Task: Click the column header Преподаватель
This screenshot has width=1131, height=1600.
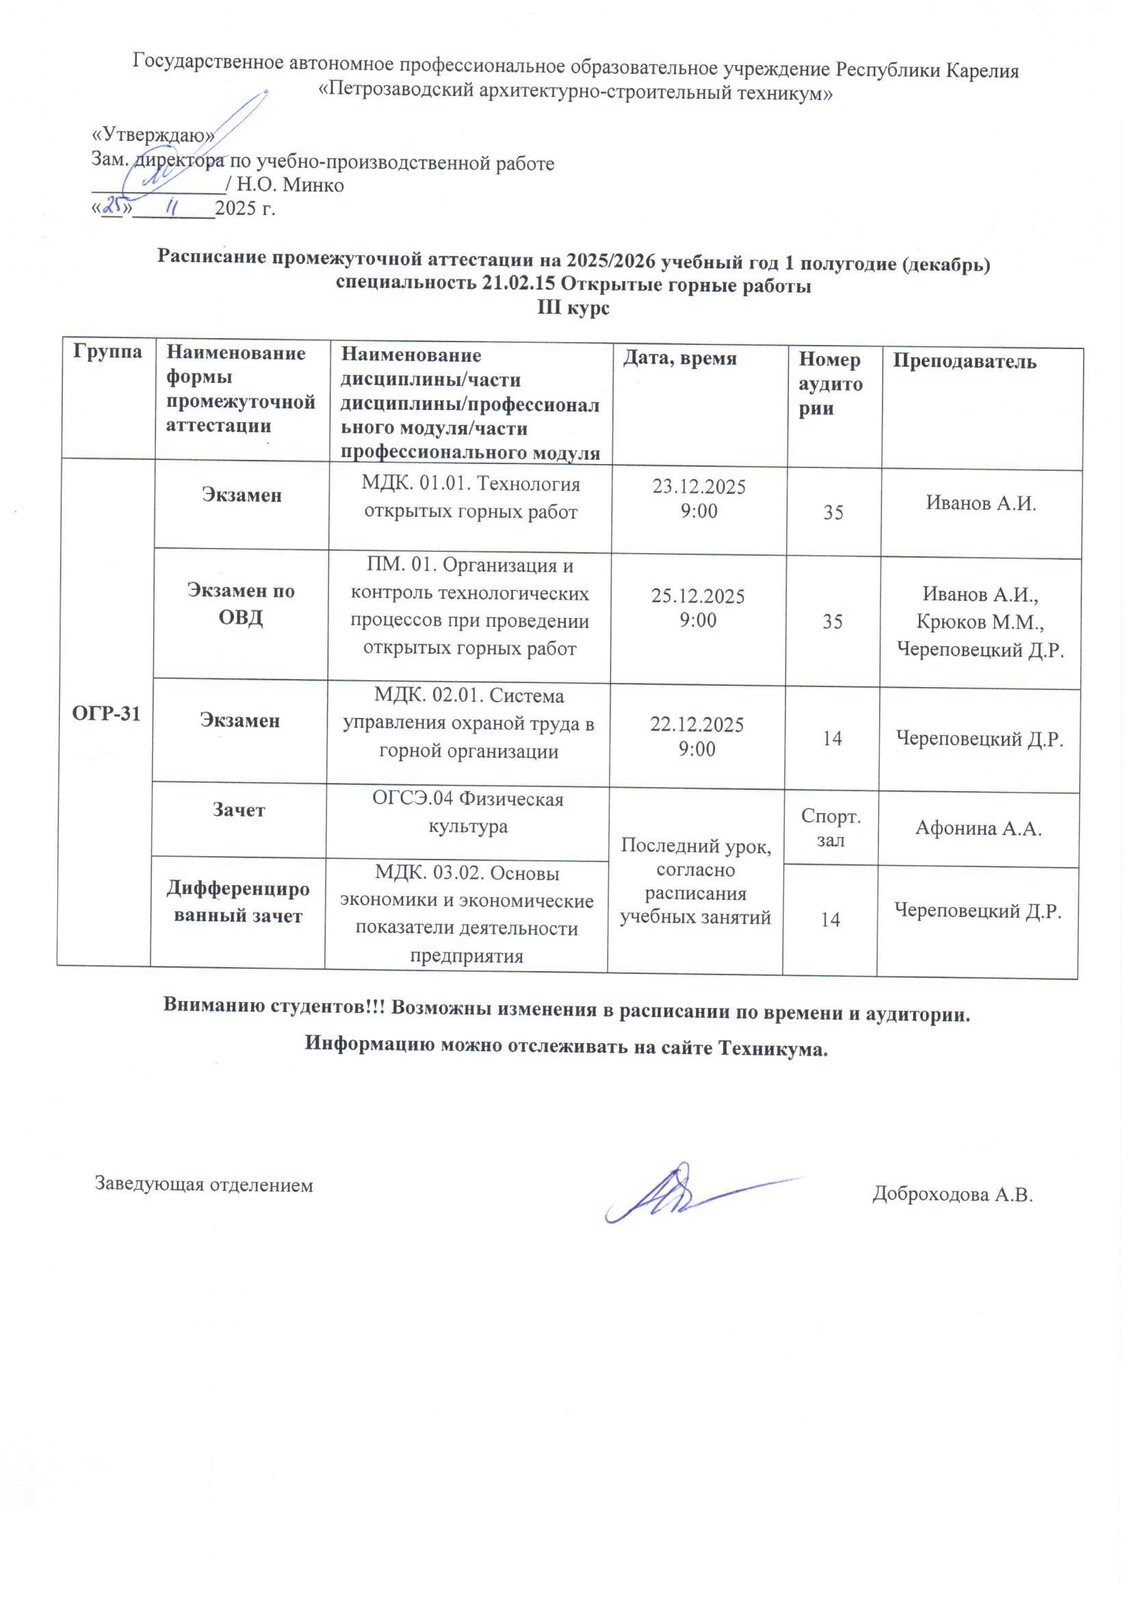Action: [964, 362]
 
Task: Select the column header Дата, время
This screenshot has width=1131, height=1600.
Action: [680, 358]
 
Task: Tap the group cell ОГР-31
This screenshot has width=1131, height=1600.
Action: [106, 713]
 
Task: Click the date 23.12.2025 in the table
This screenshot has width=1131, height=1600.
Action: [699, 487]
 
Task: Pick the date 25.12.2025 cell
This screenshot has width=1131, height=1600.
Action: [698, 596]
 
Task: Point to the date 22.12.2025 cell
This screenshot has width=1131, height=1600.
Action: [697, 725]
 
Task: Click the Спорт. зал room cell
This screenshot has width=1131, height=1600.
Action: [831, 828]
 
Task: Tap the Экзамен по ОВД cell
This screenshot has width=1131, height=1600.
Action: [241, 604]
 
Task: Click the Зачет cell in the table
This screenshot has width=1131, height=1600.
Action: [239, 810]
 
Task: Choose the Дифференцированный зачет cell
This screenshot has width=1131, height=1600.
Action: [238, 902]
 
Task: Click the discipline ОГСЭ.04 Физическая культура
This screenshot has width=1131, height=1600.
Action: [468, 813]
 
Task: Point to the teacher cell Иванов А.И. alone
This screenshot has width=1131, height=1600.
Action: [980, 504]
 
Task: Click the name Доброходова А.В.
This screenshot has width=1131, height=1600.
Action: [951, 1194]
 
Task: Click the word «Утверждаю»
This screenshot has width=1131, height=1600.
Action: [153, 136]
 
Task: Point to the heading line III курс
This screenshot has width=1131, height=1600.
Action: [573, 308]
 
